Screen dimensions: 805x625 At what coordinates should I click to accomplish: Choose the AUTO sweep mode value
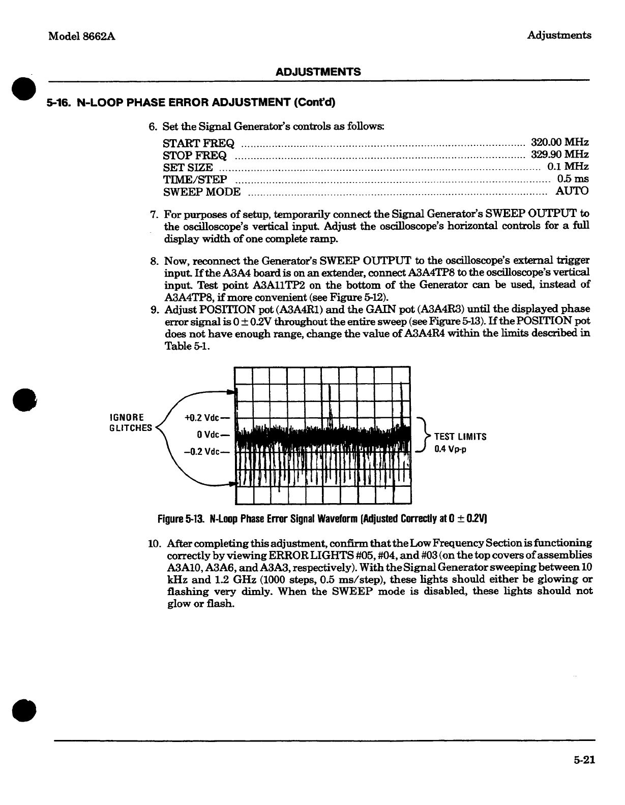pos(572,191)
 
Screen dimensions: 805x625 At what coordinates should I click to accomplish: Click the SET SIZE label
pos(188,167)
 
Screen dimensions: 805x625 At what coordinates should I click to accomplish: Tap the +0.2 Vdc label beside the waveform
pos(202,418)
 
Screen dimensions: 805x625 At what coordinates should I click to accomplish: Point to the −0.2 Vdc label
pos(202,451)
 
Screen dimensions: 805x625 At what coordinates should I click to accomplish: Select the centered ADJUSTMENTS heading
pos(318,72)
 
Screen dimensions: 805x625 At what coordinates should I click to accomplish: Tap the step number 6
pos(152,127)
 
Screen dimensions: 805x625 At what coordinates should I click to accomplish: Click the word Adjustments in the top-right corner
pos(559,35)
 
